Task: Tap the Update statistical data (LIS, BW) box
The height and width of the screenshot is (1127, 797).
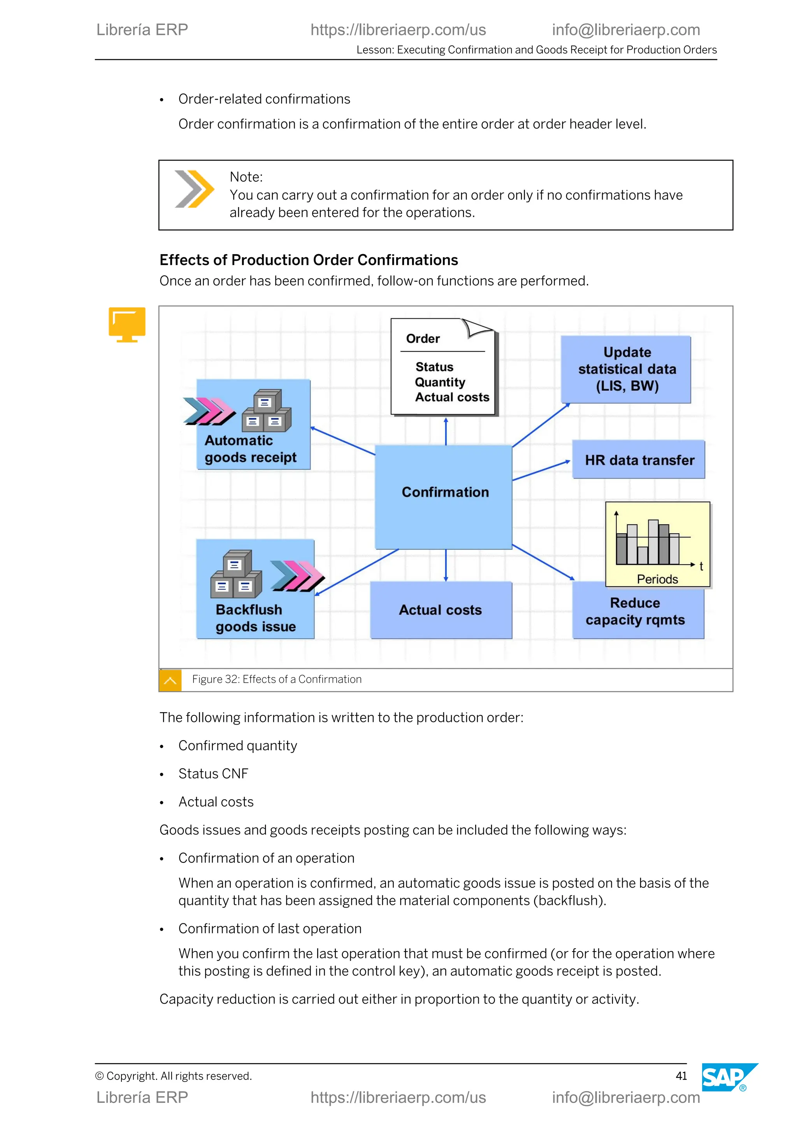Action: pos(626,369)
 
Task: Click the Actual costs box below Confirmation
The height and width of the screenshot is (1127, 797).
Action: pos(441,610)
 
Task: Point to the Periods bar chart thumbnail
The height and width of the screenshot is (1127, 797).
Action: pos(657,544)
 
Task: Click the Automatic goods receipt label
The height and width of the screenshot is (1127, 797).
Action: pos(250,449)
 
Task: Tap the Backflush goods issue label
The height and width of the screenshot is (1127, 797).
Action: pos(255,618)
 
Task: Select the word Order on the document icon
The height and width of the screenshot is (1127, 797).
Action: pos(423,339)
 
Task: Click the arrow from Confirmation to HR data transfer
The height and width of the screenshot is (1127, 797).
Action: pos(541,470)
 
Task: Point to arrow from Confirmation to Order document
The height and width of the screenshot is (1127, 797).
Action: pos(446,431)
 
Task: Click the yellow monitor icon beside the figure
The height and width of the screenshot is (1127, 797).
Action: pos(127,324)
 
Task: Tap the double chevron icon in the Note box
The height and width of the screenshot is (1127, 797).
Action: pos(194,189)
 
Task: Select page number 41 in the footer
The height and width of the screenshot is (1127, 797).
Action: pos(681,1076)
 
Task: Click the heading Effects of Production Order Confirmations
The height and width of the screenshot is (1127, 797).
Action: pos(309,260)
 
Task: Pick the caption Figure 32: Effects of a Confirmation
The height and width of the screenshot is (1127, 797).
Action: pos(277,679)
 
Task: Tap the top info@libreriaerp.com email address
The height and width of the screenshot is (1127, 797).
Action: pos(626,30)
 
